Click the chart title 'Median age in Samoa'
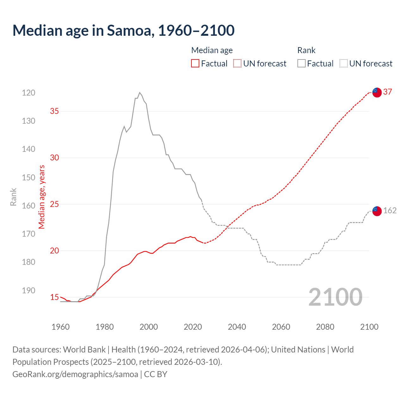[x=123, y=30]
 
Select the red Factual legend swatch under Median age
[x=195, y=64]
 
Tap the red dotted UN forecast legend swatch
[x=237, y=64]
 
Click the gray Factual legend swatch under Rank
[x=301, y=64]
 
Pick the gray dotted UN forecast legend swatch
[x=343, y=64]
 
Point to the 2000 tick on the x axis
[x=149, y=327]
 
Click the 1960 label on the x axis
[x=60, y=327]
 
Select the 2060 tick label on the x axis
[x=281, y=327]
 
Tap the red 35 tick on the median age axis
[x=54, y=111]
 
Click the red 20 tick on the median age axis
[x=54, y=251]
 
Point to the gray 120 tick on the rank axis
[x=28, y=93]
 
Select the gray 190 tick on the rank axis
[x=28, y=290]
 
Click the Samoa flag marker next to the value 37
[x=377, y=92]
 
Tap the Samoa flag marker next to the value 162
[x=377, y=211]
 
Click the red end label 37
[x=388, y=92]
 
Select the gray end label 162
[x=390, y=211]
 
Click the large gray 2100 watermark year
[x=335, y=297]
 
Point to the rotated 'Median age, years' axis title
[x=42, y=197]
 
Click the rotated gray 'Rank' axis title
[x=13, y=197]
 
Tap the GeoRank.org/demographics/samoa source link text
[x=75, y=374]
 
